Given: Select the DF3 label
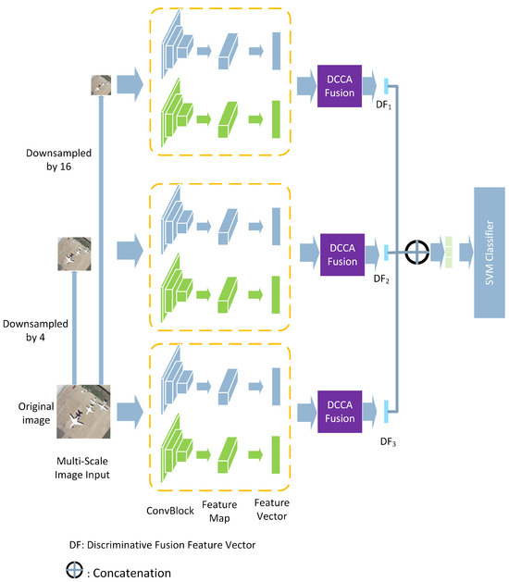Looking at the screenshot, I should click(388, 441).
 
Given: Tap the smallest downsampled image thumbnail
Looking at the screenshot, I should click(101, 85).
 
